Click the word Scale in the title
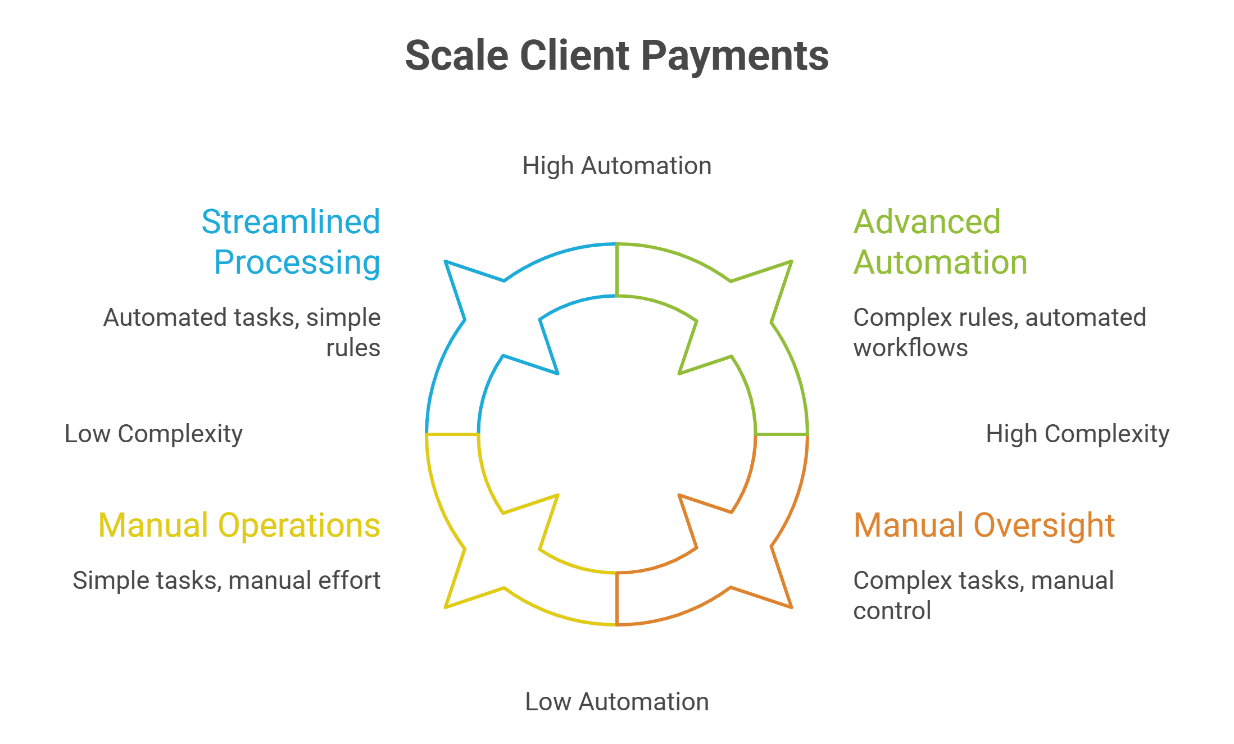(456, 56)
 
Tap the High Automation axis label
(617, 166)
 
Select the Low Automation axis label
(617, 702)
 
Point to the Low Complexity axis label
(153, 434)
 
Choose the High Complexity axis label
(1078, 434)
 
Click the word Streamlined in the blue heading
(291, 221)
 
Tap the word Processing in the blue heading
(297, 262)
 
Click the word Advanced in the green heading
(927, 221)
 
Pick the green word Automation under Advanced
(940, 262)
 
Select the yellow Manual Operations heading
(239, 525)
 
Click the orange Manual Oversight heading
(984, 525)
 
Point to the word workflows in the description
(910, 348)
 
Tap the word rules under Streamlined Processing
(353, 348)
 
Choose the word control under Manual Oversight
(892, 611)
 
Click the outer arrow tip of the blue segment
(446, 262)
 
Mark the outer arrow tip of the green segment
(791, 262)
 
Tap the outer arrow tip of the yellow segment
(446, 606)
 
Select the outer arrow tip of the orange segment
(791, 606)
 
